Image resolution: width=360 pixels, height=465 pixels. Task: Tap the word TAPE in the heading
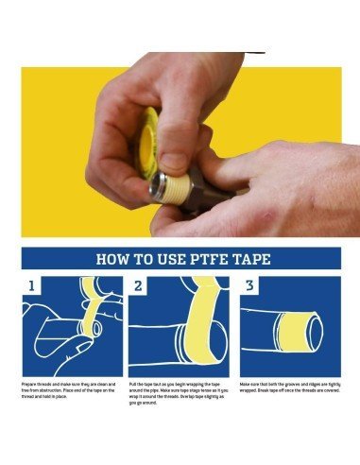click(248, 259)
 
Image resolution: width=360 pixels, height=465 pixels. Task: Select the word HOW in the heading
click(112, 259)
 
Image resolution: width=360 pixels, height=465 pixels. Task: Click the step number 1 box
click(32, 285)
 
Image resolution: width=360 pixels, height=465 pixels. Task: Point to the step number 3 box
click(250, 285)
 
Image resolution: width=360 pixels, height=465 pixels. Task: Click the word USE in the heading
click(165, 259)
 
